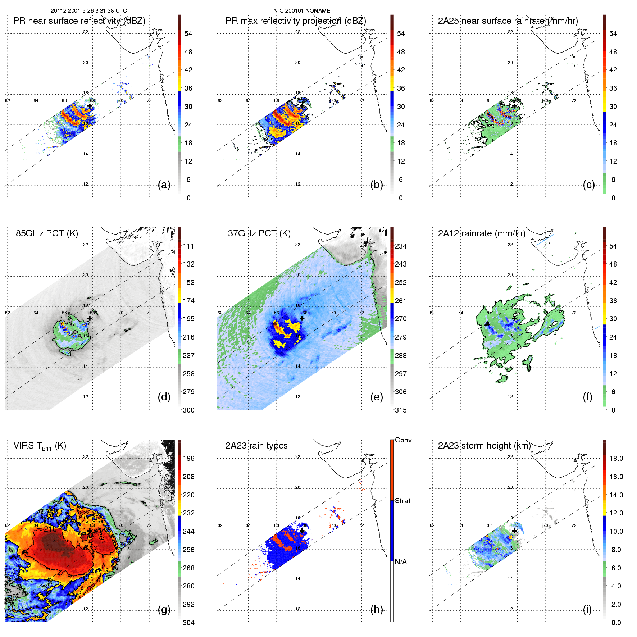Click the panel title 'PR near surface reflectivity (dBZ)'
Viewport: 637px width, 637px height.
point(79,21)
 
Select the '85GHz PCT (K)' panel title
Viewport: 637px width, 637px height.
point(47,233)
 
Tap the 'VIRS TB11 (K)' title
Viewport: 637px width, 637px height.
point(40,446)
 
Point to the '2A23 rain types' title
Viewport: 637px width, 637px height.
point(256,446)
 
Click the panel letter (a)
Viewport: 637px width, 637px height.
point(164,185)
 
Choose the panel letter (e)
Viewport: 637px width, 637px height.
point(377,397)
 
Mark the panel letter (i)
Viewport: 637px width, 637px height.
point(587,610)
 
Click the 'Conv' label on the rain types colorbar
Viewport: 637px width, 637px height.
point(403,440)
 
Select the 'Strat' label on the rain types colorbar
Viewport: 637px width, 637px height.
point(402,501)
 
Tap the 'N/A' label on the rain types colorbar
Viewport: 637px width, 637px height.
point(401,562)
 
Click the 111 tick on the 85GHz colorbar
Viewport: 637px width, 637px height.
point(188,246)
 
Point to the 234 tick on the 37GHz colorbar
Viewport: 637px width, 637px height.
point(401,246)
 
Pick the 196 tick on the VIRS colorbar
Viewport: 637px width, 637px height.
point(188,459)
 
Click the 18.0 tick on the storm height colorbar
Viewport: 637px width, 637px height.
point(616,459)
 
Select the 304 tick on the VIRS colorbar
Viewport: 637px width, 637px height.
point(188,623)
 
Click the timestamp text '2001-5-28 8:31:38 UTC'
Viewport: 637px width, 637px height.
point(96,11)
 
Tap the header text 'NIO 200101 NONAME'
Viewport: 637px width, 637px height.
point(302,11)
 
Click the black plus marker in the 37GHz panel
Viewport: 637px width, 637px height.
point(302,318)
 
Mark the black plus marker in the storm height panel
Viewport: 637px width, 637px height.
point(514,531)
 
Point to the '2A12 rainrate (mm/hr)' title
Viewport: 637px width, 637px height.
point(482,233)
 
